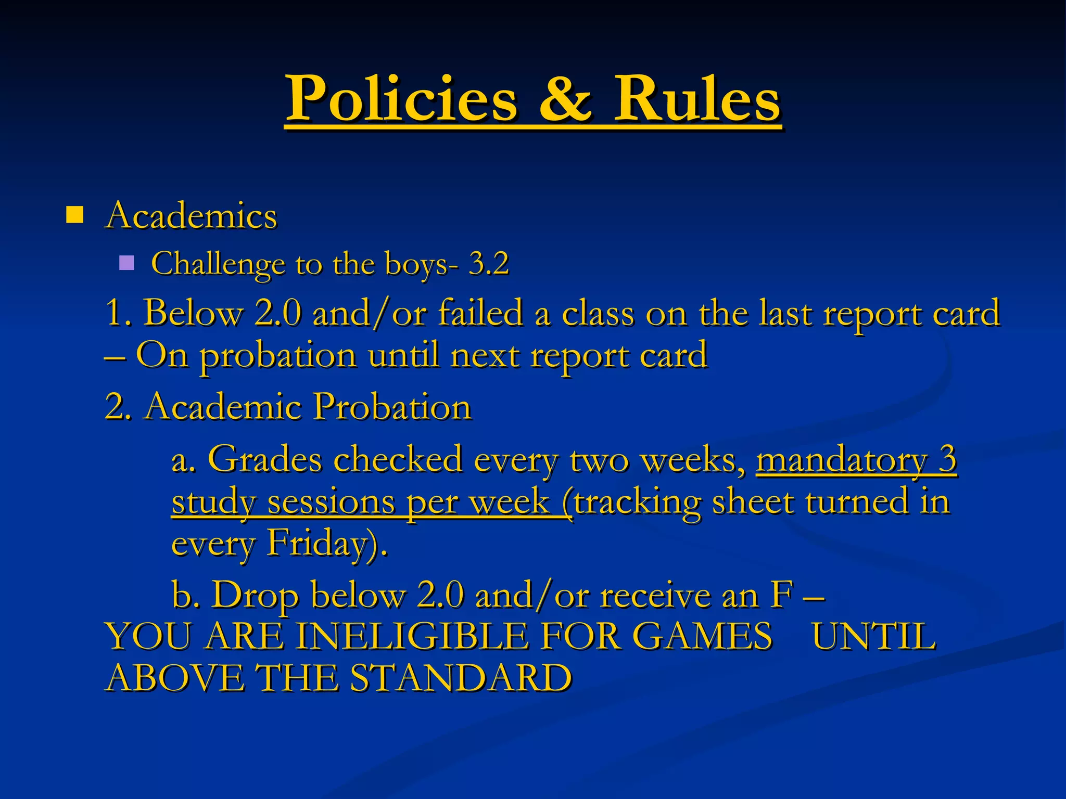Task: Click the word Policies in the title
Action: point(402,98)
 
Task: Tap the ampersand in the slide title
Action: point(565,98)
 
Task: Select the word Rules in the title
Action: point(697,98)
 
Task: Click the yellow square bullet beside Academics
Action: point(75,215)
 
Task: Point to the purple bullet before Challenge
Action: point(126,263)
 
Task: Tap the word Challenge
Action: point(218,264)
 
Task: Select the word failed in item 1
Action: point(480,313)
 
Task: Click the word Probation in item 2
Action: point(393,406)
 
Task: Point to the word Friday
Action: point(323,544)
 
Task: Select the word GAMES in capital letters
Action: point(702,636)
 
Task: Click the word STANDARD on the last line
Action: point(461,678)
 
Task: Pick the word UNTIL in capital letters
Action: point(874,636)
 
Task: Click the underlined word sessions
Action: point(331,502)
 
